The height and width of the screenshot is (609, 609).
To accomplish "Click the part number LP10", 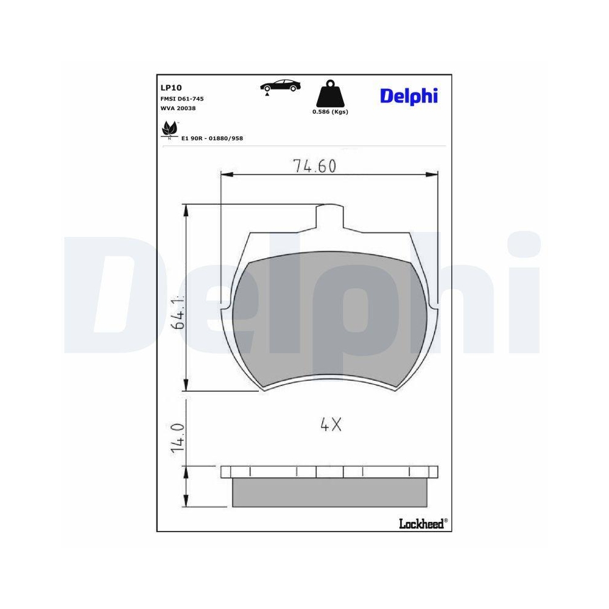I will point(168,87).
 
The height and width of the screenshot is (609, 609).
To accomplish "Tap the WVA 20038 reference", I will point(178,108).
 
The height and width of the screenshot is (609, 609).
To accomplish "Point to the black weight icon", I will point(329,94).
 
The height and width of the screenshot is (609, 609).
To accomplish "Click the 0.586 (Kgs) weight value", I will point(330,112).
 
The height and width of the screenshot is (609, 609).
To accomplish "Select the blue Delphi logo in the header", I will point(409,96).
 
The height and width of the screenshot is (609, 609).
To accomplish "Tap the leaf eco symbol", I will point(169,130).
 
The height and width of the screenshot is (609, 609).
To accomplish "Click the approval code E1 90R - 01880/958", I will point(213,138).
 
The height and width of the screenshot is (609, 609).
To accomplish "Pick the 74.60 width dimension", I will point(314,166).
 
